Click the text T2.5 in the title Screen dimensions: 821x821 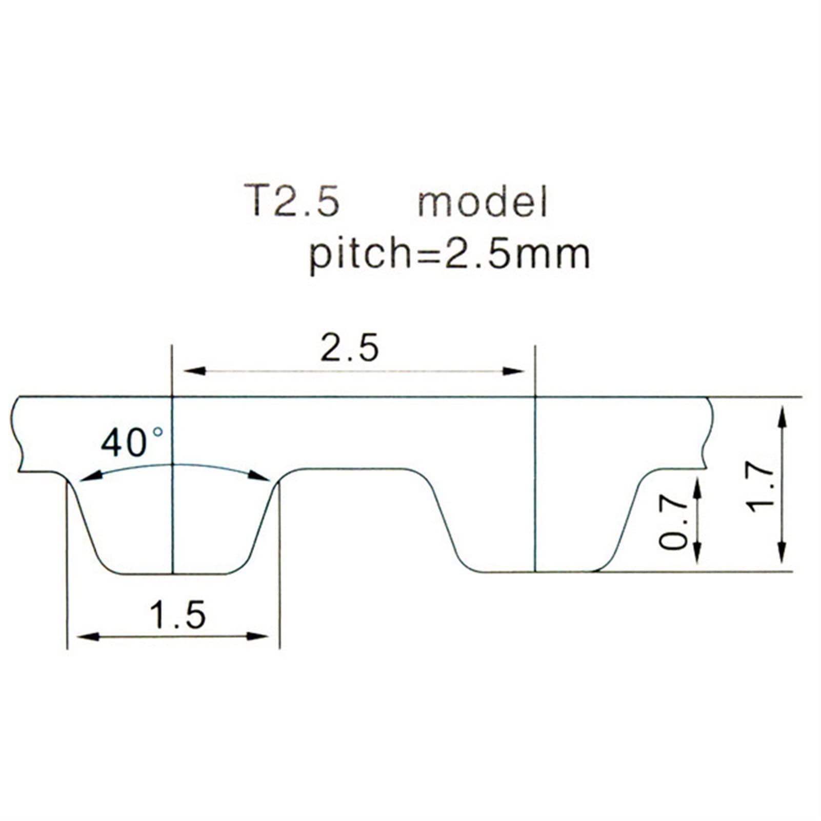point(292,201)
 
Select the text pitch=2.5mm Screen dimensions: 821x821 point(449,254)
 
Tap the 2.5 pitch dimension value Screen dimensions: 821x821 point(350,348)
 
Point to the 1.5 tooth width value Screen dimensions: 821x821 point(177,615)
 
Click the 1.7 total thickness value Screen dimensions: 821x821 point(760,488)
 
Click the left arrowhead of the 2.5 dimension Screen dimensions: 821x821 point(194,371)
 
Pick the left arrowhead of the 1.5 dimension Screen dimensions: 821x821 point(87,636)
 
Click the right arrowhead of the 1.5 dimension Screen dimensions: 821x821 point(258,636)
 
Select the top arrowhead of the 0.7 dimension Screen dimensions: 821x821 point(697,488)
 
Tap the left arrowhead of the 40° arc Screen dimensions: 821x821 point(90,477)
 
